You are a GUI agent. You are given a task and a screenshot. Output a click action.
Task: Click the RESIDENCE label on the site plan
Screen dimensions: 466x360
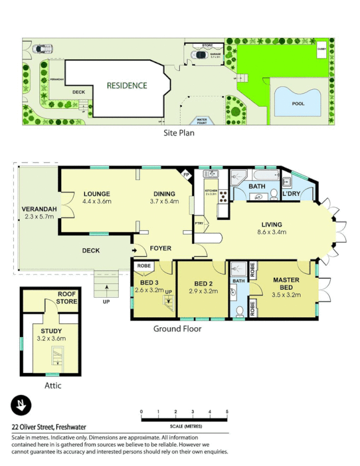click(x=126, y=86)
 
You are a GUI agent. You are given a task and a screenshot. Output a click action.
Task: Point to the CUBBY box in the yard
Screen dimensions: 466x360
click(x=322, y=51)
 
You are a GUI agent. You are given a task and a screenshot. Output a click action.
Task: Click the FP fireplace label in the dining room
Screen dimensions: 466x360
click(x=186, y=174)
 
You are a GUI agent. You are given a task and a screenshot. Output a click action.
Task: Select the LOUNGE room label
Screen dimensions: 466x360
click(x=97, y=194)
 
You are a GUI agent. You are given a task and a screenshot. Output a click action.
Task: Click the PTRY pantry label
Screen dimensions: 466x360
click(x=199, y=223)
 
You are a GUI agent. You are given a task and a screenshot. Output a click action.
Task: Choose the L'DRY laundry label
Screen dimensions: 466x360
click(x=291, y=193)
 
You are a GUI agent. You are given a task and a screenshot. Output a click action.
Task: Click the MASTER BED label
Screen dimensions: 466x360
click(x=286, y=284)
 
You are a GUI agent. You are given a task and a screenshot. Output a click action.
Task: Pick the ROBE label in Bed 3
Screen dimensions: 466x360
click(x=143, y=267)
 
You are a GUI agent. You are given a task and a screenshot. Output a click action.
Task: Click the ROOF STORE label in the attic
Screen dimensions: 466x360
click(x=68, y=298)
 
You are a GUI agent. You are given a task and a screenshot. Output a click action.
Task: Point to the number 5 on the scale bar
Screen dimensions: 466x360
click(x=227, y=412)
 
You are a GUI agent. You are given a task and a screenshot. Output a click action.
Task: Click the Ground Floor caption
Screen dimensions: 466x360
click(x=177, y=329)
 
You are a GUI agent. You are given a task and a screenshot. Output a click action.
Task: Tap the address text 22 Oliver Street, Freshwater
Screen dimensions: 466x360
click(x=48, y=426)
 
